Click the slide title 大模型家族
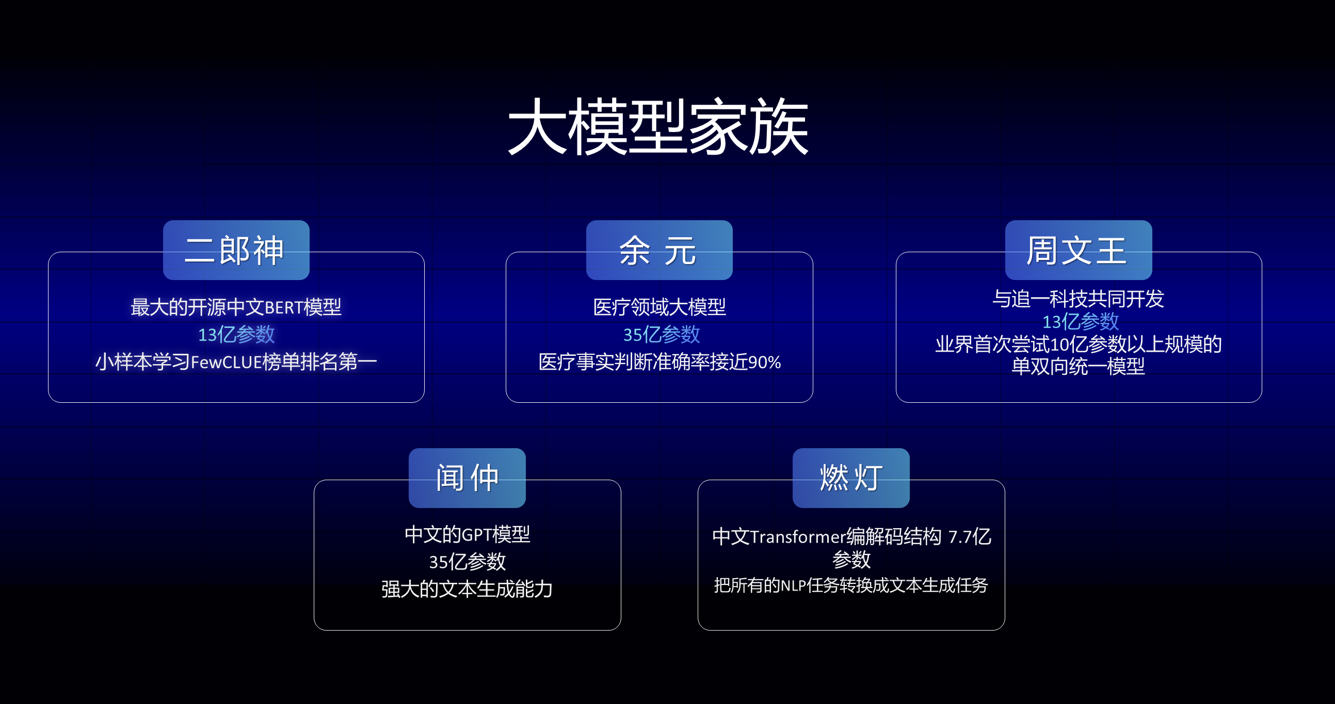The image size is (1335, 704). click(658, 127)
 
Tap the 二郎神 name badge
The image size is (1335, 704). click(236, 250)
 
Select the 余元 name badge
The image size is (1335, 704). click(658, 250)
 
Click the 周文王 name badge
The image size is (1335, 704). click(1078, 250)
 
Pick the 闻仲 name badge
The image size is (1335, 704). click(467, 478)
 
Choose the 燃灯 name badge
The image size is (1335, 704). click(850, 478)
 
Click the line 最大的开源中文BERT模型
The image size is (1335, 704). click(236, 307)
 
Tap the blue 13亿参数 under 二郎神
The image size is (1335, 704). click(236, 334)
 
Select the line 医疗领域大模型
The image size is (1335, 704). click(658, 307)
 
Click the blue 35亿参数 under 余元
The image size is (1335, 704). click(661, 334)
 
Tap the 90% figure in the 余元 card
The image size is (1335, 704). click(764, 362)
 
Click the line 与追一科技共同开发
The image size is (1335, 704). click(1078, 299)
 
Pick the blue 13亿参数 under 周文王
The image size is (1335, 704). click(1080, 322)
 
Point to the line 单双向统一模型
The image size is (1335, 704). click(1078, 366)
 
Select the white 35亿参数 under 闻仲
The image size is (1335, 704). click(467, 562)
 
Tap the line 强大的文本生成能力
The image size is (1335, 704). click(467, 589)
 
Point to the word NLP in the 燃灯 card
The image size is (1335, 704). click(793, 585)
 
